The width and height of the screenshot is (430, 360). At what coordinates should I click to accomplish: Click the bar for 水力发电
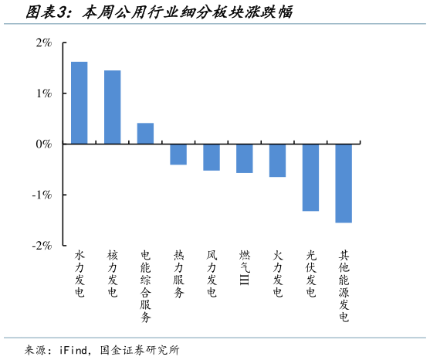pyautogui.click(x=79, y=103)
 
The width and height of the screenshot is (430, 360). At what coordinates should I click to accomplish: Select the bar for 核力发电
pyautogui.click(x=112, y=107)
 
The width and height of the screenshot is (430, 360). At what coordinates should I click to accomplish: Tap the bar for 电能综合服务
pyautogui.click(x=145, y=134)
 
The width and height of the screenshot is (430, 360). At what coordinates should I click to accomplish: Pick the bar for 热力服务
pyautogui.click(x=178, y=154)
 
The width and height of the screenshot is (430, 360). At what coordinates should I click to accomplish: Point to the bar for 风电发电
pyautogui.click(x=212, y=157)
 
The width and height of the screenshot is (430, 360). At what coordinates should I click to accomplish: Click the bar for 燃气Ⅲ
pyautogui.click(x=245, y=158)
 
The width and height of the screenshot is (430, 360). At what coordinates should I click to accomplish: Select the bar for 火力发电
pyautogui.click(x=277, y=160)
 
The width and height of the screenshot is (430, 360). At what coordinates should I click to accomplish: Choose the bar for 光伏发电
pyautogui.click(x=310, y=177)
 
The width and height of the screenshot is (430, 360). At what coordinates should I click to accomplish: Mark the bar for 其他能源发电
pyautogui.click(x=344, y=183)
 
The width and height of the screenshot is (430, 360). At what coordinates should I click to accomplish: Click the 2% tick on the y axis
pyautogui.click(x=43, y=43)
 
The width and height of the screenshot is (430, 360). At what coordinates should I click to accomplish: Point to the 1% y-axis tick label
pyautogui.click(x=43, y=93)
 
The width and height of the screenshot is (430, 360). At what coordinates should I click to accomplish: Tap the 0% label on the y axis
pyautogui.click(x=43, y=144)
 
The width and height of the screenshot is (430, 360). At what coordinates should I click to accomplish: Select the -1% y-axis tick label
pyautogui.click(x=42, y=195)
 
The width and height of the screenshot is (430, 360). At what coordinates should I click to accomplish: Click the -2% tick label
pyautogui.click(x=42, y=245)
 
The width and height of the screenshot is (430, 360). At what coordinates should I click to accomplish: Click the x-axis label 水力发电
pyautogui.click(x=79, y=273)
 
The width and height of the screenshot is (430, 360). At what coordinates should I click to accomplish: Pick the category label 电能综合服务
pyautogui.click(x=145, y=285)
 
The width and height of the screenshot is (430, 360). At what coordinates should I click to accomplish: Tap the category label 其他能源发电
pyautogui.click(x=344, y=285)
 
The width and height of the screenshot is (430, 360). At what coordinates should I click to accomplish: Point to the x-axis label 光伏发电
pyautogui.click(x=310, y=273)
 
